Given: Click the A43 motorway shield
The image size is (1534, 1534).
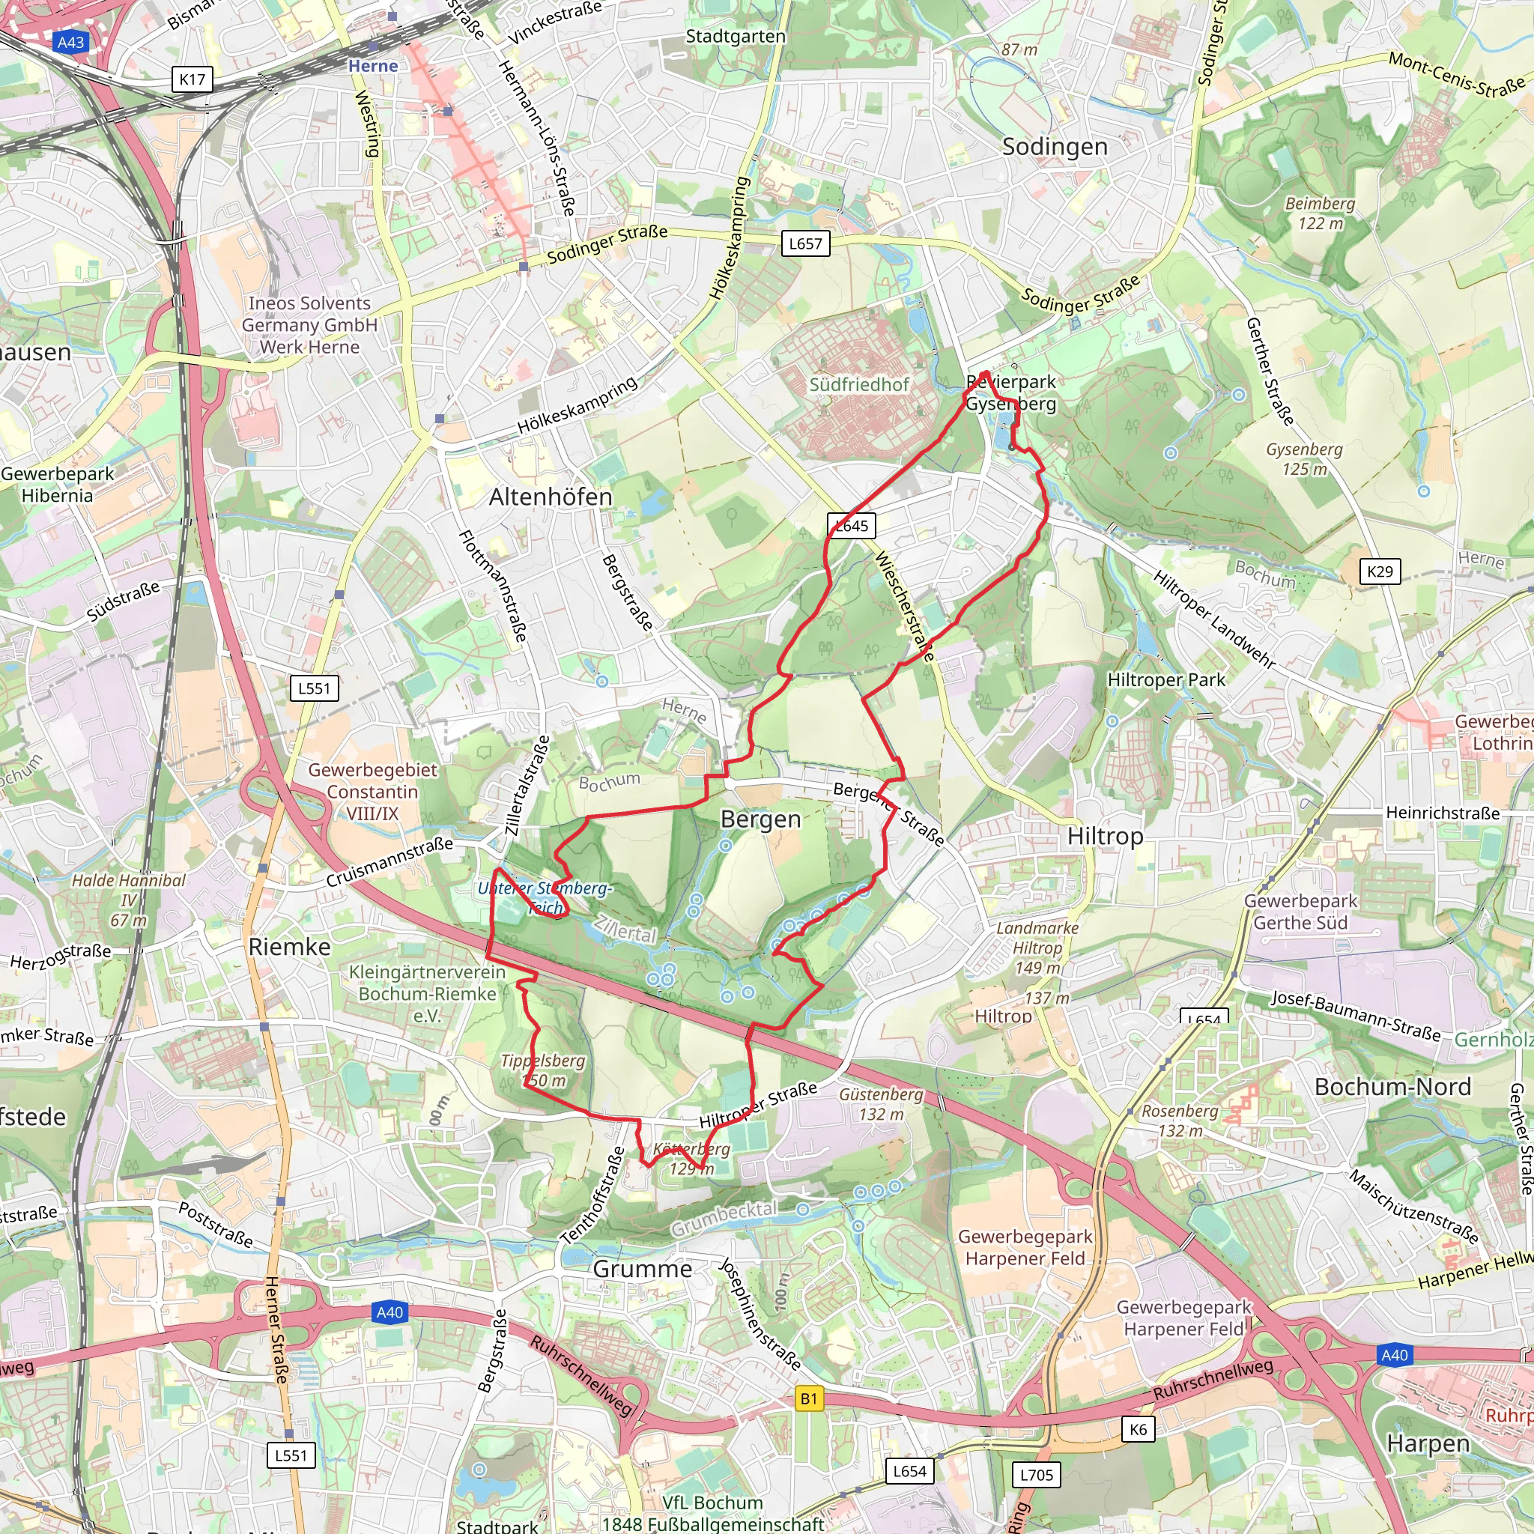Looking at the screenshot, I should pos(70,42).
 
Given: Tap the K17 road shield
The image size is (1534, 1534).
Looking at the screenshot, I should pos(192,79).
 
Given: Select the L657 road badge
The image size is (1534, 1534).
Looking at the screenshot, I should pos(805,243).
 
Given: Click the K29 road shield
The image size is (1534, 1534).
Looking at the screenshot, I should pos(1380,571).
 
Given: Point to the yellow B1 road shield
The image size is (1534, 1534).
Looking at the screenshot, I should pos(808,1399).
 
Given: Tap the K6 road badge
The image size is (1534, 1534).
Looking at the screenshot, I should pos(1138,1429).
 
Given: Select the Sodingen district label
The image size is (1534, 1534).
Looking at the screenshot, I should pos(1055,147).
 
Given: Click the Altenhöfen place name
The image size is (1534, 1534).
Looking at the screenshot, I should pos(551,497).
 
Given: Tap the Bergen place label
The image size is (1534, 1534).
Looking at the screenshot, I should pos(761,819).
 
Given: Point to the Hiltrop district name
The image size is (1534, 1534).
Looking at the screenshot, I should pos(1106,836).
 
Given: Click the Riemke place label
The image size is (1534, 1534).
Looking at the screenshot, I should pos(289,947).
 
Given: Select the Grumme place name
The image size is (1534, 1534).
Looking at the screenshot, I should pos(643,1269).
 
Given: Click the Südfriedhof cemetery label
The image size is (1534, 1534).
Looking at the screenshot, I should pos(859,384).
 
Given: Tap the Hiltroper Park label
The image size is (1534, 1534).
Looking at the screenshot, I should pos(1166,679).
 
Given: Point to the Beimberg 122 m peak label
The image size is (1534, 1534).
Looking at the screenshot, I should pos(1321,213).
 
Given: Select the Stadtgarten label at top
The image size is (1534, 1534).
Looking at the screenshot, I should pos(736,37).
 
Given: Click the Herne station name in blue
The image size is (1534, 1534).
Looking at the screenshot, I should pos(372,66).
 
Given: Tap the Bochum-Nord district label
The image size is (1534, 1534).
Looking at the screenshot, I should pos(1392,1087).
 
